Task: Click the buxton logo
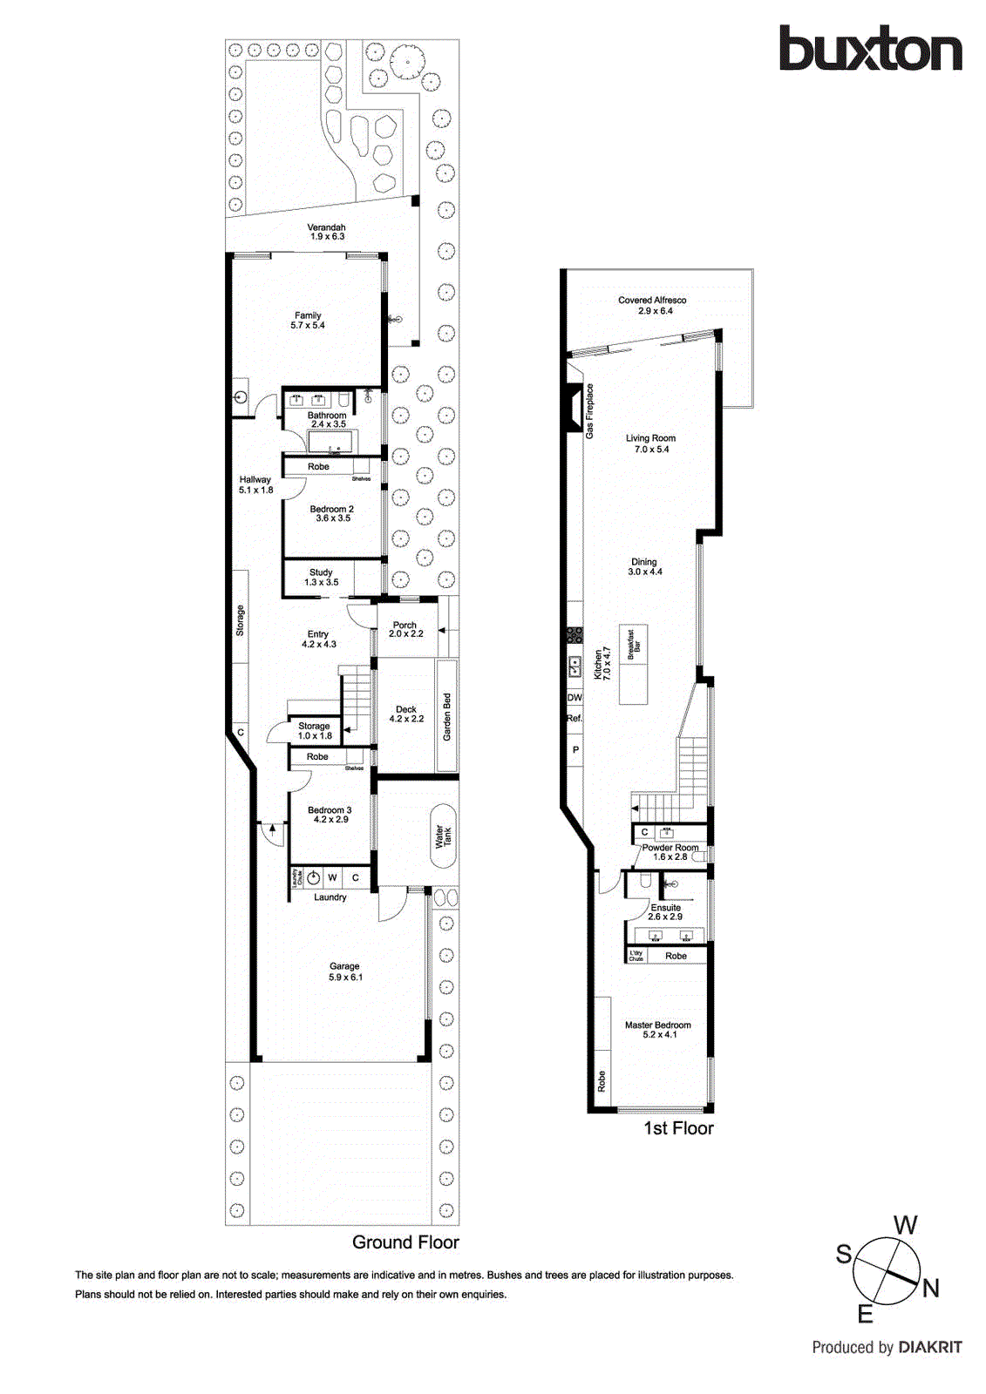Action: pos(870,49)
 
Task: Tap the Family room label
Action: pos(308,321)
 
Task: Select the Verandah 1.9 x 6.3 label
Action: pos(327,232)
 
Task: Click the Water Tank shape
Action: pos(443,836)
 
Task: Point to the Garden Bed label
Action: pos(447,716)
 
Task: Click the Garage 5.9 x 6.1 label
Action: pos(345,971)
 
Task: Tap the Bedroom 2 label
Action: pos(332,513)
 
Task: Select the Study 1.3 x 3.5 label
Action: pos(321,577)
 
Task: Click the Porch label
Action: pos(405,629)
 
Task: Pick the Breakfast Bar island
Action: pos(634,666)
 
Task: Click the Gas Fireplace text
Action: pos(589,410)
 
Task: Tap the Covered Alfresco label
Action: pos(652,305)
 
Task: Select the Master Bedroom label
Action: pos(658,1030)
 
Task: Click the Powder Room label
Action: pos(670,852)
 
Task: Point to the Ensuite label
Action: pos(665,912)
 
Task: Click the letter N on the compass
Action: pos(930,1288)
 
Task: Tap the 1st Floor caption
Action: pos(678,1128)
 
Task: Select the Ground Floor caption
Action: pos(405,1242)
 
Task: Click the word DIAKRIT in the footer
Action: pos(929,1347)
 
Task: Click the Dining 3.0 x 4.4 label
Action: pos(644,566)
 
